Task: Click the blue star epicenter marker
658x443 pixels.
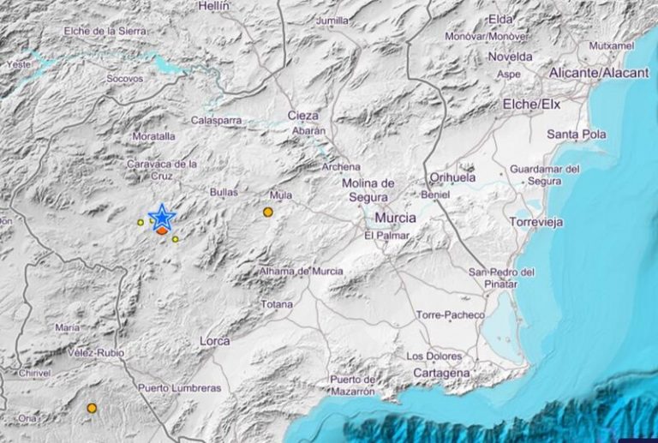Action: click(x=161, y=218)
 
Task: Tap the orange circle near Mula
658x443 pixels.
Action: click(x=268, y=212)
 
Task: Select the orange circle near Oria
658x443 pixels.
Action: click(x=92, y=409)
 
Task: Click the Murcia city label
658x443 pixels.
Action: click(x=395, y=218)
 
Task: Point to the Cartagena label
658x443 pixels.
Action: click(x=441, y=373)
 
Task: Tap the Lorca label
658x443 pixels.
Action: click(x=213, y=341)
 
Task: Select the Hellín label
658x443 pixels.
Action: click(x=213, y=6)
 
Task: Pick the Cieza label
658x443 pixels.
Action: click(x=302, y=115)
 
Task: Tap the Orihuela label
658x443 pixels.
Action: click(x=452, y=177)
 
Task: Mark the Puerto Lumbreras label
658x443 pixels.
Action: click(x=179, y=388)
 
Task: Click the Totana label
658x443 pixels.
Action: click(x=276, y=304)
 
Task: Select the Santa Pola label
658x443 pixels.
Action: click(x=577, y=135)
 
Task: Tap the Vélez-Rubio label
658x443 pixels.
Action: click(x=95, y=353)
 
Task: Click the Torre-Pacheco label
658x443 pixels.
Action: click(x=450, y=315)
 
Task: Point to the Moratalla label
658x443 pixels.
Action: click(x=153, y=136)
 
